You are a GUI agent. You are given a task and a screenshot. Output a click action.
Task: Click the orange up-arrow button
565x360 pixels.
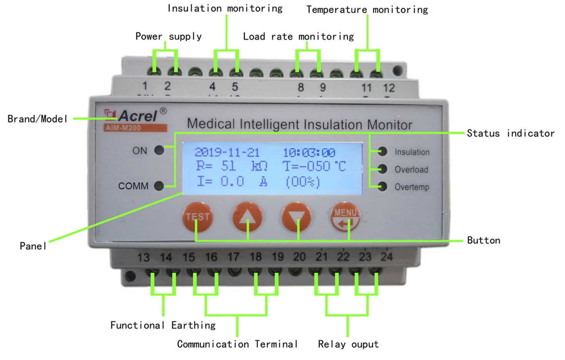pyautogui.click(x=247, y=217)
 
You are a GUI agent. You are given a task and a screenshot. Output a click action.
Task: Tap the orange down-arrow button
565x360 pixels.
pyautogui.click(x=296, y=217)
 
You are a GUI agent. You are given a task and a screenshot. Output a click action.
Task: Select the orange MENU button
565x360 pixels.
pyautogui.click(x=345, y=217)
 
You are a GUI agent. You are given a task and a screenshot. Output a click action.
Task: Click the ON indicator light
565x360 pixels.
pyautogui.click(x=159, y=150)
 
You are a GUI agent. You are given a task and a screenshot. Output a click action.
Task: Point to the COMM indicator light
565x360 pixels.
pyautogui.click(x=159, y=186)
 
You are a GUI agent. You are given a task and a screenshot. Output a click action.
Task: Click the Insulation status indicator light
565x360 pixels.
pyautogui.click(x=382, y=152)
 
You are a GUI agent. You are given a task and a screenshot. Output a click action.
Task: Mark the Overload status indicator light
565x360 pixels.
pyautogui.click(x=382, y=169)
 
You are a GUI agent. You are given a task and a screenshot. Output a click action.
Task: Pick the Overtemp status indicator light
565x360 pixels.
pyautogui.click(x=382, y=187)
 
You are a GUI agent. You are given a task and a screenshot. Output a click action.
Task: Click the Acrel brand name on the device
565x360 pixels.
pyautogui.click(x=137, y=116)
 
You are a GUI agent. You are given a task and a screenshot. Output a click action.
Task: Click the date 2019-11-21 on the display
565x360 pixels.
pyautogui.click(x=227, y=152)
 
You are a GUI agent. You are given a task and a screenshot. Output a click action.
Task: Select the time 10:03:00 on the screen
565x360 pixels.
pyautogui.click(x=309, y=153)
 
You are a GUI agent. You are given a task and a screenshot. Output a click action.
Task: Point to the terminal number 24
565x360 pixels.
pyautogui.click(x=386, y=256)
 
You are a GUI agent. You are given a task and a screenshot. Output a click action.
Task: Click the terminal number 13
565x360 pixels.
pyautogui.click(x=144, y=257)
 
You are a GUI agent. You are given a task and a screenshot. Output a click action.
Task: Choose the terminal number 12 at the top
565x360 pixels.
pyautogui.click(x=389, y=88)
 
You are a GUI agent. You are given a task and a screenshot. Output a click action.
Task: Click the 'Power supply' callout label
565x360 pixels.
pyautogui.click(x=168, y=37)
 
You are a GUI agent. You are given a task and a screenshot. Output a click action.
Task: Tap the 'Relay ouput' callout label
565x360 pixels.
pyautogui.click(x=348, y=344)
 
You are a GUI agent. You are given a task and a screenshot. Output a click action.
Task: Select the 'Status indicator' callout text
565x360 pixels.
pyautogui.click(x=510, y=134)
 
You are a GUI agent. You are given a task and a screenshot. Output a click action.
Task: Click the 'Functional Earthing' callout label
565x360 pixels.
pyautogui.click(x=163, y=325)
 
